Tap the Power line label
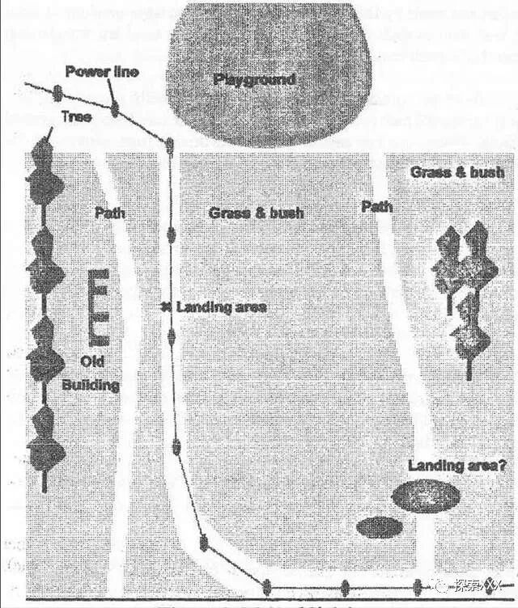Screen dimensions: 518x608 point(102,72)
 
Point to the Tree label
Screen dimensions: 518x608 point(77,116)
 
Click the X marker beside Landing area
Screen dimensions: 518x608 point(165,307)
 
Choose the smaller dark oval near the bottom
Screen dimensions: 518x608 point(380,527)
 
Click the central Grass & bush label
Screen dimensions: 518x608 point(256,213)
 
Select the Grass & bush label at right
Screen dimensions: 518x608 point(457,172)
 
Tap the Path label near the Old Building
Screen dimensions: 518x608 point(109,213)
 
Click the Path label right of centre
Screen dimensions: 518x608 point(376,207)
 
